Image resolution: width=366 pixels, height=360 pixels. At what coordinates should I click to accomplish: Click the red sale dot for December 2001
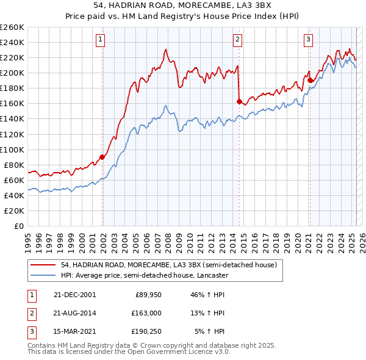pyautogui.click(x=102, y=157)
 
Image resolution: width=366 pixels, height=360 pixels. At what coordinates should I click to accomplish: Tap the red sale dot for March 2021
pyautogui.click(x=310, y=80)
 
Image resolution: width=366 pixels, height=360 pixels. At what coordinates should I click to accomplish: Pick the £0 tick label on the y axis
pyautogui.click(x=18, y=226)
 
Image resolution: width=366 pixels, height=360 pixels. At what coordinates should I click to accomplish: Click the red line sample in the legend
pyautogui.click(x=43, y=265)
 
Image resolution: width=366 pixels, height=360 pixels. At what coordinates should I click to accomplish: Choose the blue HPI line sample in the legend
pyautogui.click(x=43, y=276)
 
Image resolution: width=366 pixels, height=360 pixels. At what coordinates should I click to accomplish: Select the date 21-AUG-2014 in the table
pyautogui.click(x=75, y=313)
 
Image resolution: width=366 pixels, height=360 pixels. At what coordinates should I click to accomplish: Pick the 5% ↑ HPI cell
pyautogui.click(x=209, y=331)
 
